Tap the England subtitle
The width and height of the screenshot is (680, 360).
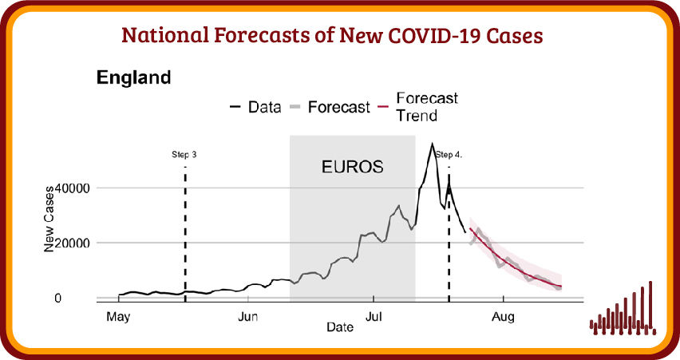point(133,77)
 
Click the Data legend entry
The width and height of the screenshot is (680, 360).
point(255,107)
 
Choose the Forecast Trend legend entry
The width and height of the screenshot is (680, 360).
point(418,107)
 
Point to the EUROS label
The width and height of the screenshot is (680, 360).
point(352,167)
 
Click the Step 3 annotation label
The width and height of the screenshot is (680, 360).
point(184,154)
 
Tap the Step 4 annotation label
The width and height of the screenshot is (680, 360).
point(449,154)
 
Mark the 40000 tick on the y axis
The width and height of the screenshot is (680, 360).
point(72,188)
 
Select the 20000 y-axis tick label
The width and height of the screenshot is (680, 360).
point(72,243)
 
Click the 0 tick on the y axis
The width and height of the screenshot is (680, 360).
point(57,298)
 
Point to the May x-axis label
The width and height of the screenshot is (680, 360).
point(118,317)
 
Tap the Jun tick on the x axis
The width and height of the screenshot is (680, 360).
point(247,317)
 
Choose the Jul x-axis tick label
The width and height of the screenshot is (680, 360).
point(374,317)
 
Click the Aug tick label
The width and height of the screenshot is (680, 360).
point(503,317)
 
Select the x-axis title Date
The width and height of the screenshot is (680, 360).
point(340,327)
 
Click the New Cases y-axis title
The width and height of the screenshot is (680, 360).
point(49,219)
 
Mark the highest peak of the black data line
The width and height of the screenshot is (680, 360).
point(432,144)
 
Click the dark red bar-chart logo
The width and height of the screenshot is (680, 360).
point(623,308)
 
